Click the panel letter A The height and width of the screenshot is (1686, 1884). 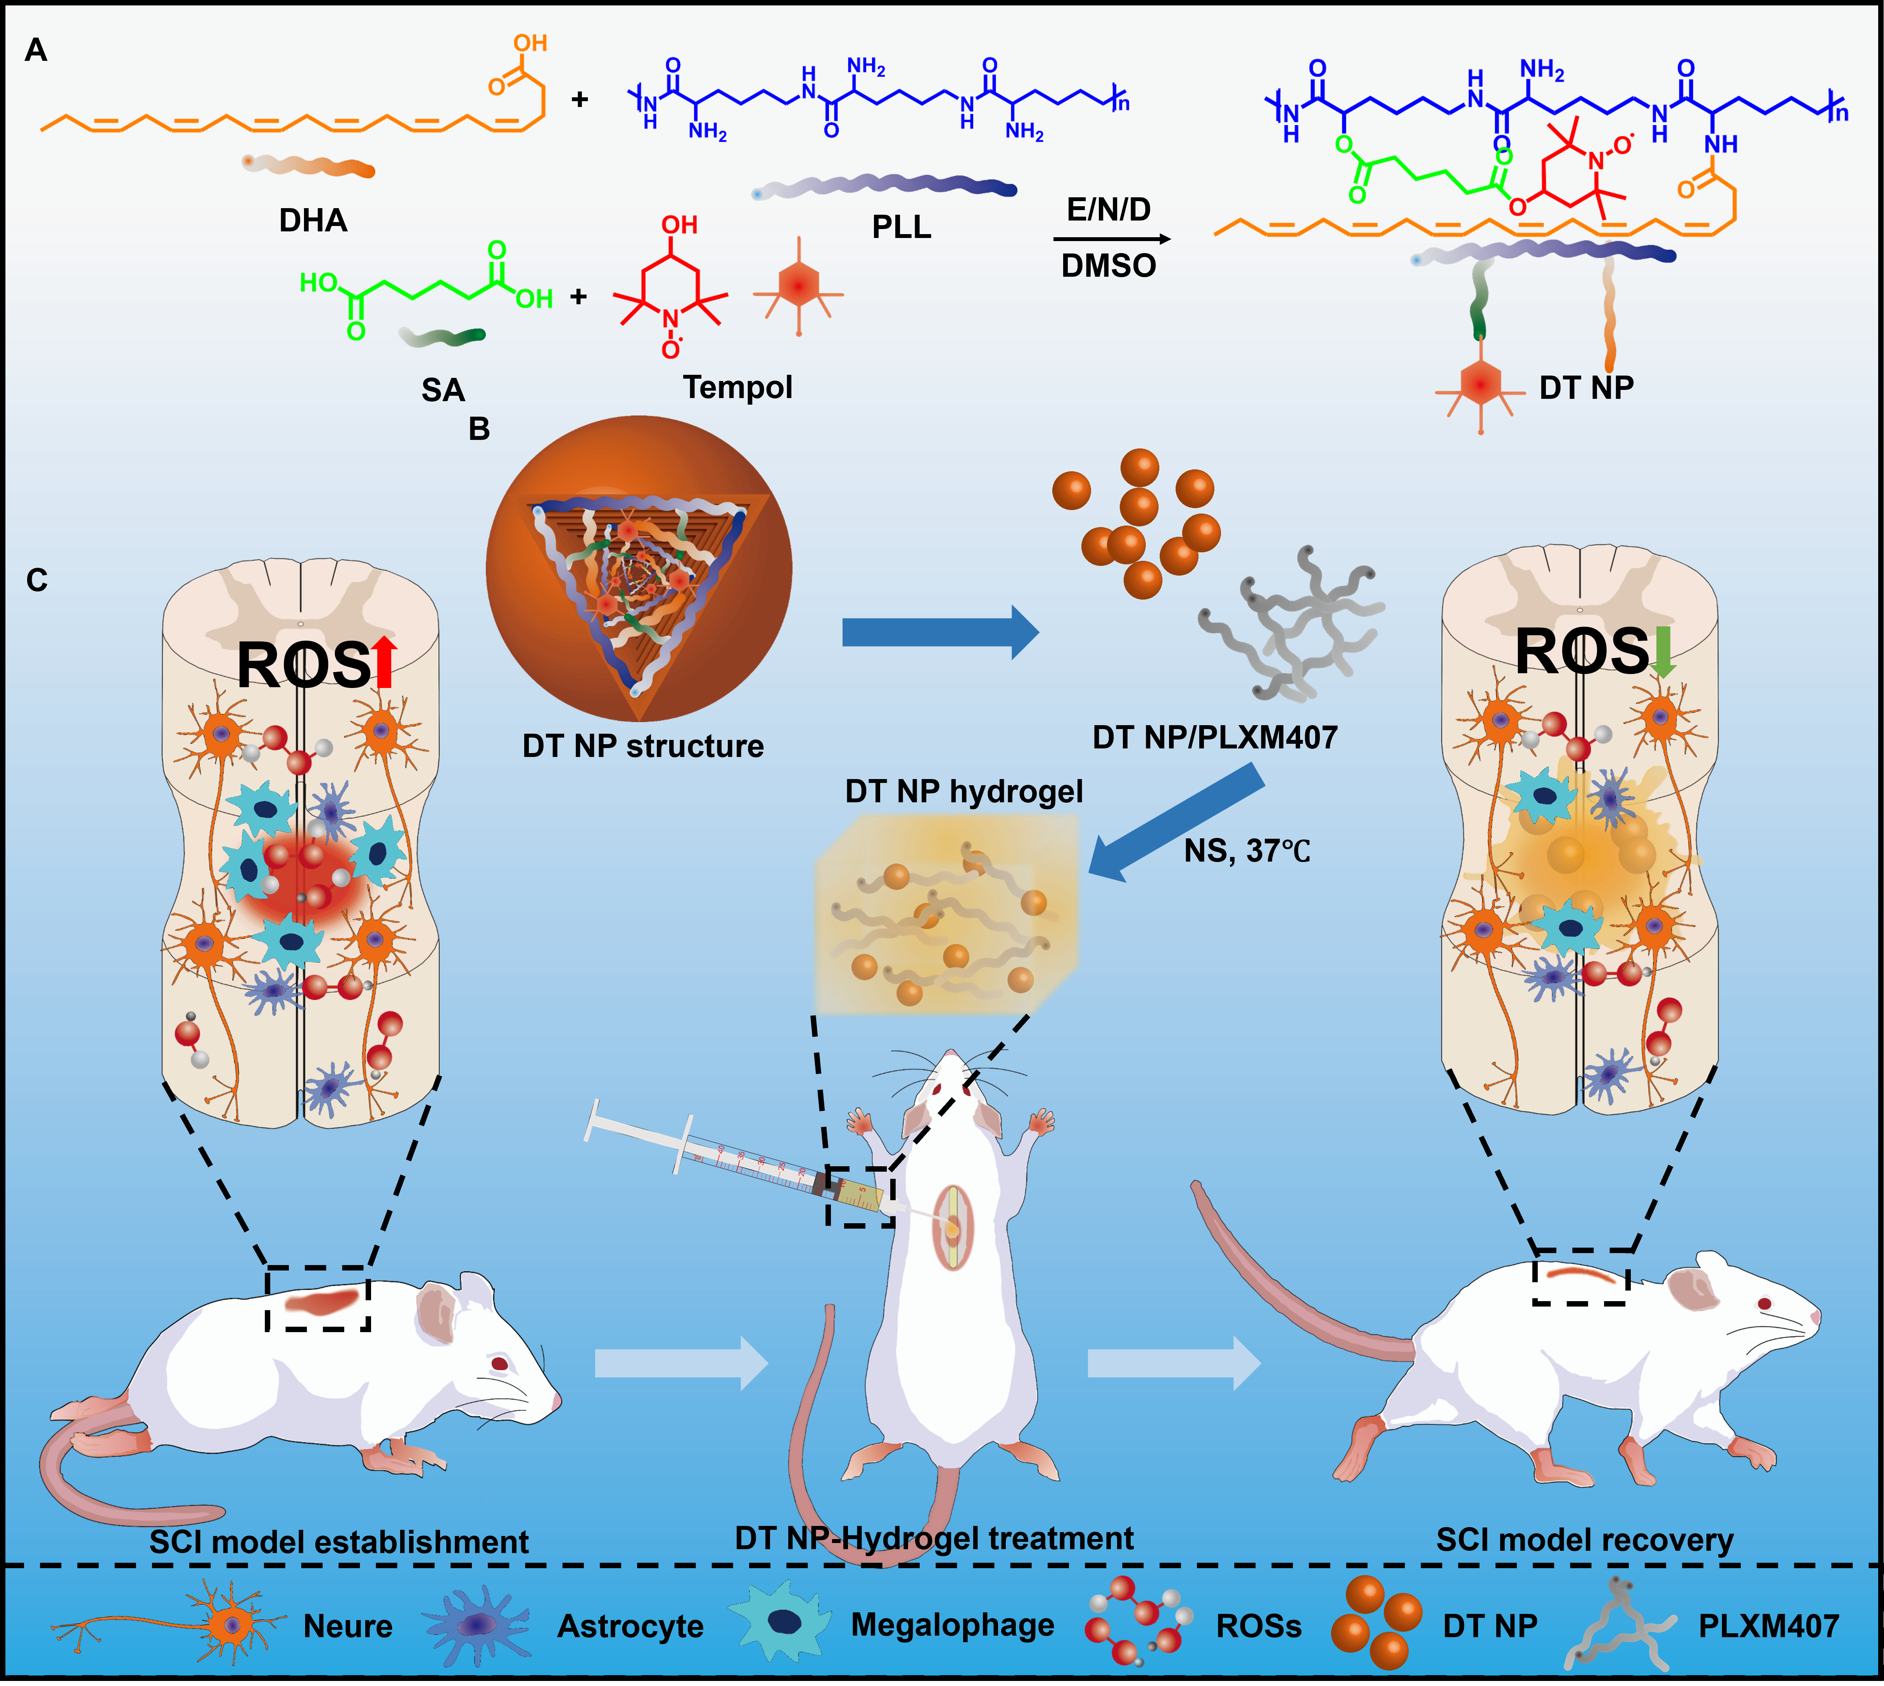tap(36, 50)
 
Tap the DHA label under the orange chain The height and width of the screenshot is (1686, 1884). tap(313, 221)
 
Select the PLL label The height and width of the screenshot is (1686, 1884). tap(901, 227)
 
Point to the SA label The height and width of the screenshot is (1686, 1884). tap(443, 390)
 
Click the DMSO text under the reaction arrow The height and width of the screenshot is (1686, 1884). tap(1109, 266)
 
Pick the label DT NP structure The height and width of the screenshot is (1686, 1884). tap(643, 746)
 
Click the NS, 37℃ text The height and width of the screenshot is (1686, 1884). tap(1247, 850)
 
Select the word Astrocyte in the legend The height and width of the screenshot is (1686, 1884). tap(630, 1626)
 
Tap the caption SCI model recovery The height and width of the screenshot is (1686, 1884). tap(1585, 1539)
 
